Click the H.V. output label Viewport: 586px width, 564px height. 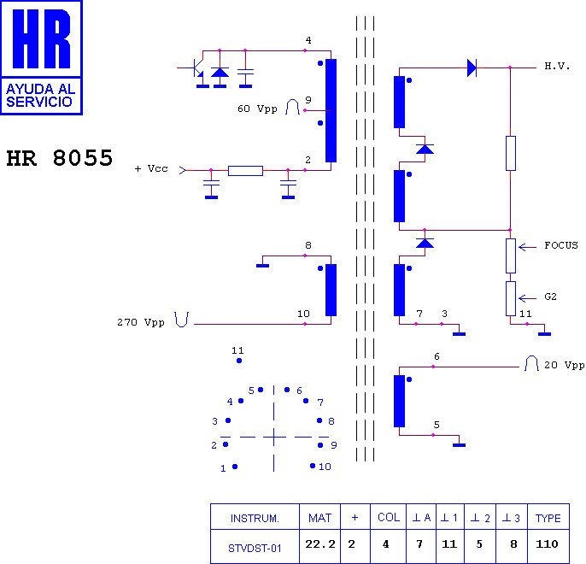tap(557, 67)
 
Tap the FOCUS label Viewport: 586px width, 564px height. tap(560, 245)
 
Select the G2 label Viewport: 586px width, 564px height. tap(551, 297)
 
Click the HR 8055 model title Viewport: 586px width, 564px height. tap(59, 159)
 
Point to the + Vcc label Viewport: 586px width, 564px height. tap(151, 169)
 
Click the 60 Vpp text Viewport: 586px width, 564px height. tap(257, 109)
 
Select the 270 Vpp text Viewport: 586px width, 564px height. tap(141, 323)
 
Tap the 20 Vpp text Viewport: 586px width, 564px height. tap(564, 365)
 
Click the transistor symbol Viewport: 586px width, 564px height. tap(195, 68)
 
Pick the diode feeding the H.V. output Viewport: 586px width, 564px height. tap(472, 67)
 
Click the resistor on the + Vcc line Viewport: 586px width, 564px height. tap(245, 170)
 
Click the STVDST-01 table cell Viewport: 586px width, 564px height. tap(255, 548)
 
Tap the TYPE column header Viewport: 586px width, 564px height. tap(548, 519)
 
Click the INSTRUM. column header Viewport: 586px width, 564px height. tap(255, 519)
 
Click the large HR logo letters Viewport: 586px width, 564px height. tap(41, 40)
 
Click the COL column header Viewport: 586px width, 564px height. tap(388, 519)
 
